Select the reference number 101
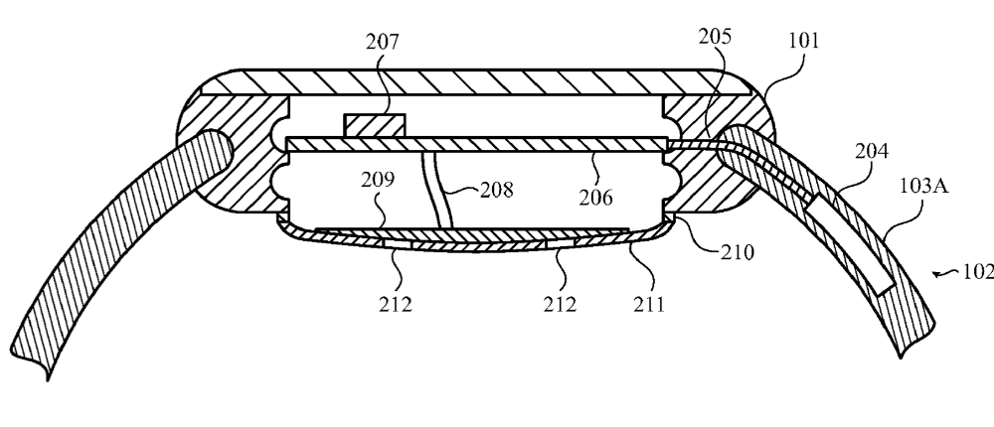click(802, 42)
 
